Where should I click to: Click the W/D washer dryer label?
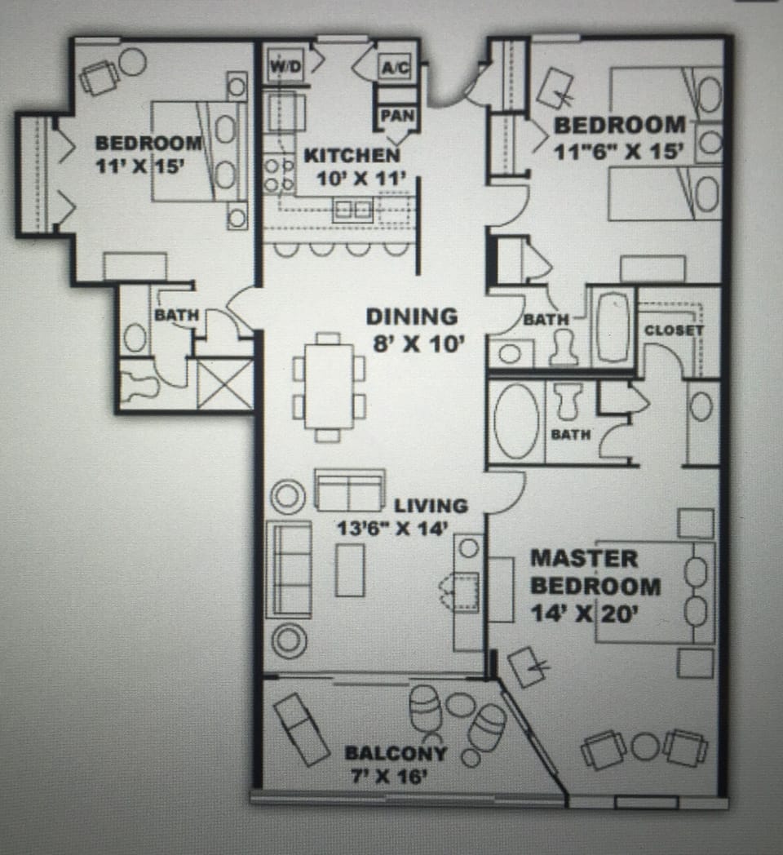click(285, 66)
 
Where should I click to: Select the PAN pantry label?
click(398, 116)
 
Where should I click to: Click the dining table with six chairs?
click(329, 386)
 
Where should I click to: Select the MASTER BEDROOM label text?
click(595, 573)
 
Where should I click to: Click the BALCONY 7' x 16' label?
click(396, 764)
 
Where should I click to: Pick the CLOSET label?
click(673, 330)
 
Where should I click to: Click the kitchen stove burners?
click(278, 174)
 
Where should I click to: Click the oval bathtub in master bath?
click(515, 421)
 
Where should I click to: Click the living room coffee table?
click(350, 569)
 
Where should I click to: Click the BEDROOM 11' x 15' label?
click(148, 153)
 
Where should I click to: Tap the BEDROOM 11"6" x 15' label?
click(619, 138)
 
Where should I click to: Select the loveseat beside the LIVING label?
click(349, 490)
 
